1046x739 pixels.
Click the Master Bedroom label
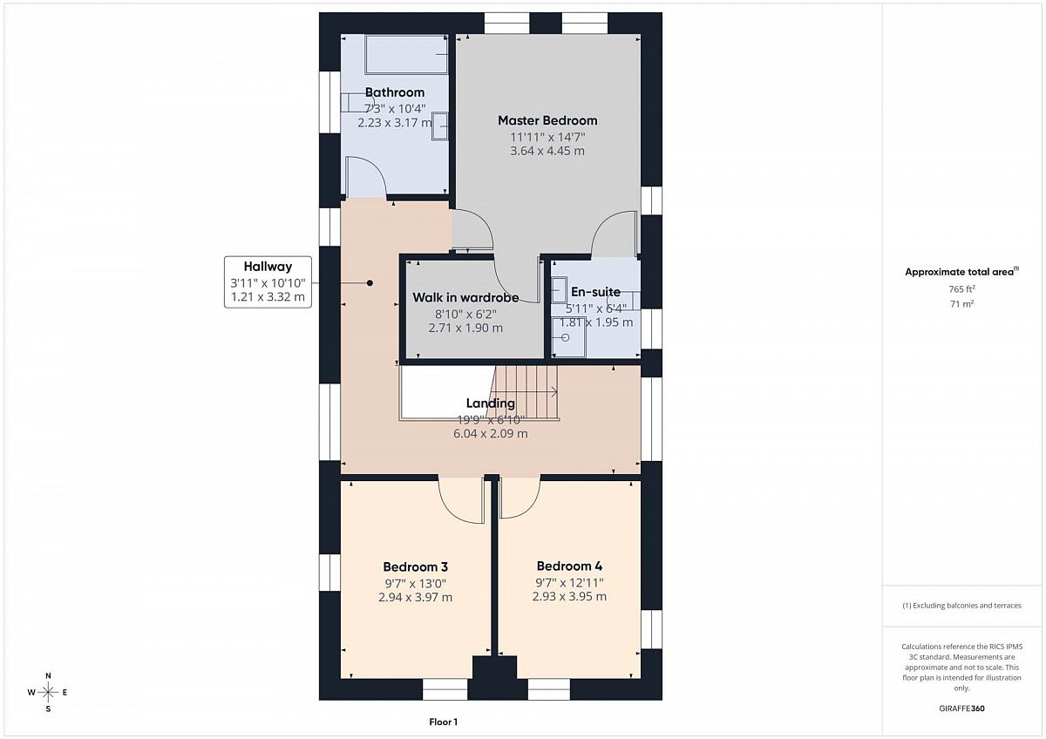547,120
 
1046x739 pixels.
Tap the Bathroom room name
395,92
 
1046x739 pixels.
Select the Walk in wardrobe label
465,297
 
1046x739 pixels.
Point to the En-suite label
596,292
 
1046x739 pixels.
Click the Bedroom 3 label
415,566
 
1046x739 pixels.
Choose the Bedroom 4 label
569,566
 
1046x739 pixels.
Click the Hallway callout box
268,282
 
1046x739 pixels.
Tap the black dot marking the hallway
370,283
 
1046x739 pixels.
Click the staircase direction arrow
526,392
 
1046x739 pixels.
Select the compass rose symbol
48,692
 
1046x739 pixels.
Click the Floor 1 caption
443,722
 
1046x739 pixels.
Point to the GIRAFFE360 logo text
961,708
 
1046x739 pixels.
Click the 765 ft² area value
961,289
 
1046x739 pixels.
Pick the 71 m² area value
961,304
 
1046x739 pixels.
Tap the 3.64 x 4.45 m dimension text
547,151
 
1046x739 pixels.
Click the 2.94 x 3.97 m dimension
415,597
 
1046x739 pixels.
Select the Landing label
490,403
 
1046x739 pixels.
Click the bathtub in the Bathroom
407,54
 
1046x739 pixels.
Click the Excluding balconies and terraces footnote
961,606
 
